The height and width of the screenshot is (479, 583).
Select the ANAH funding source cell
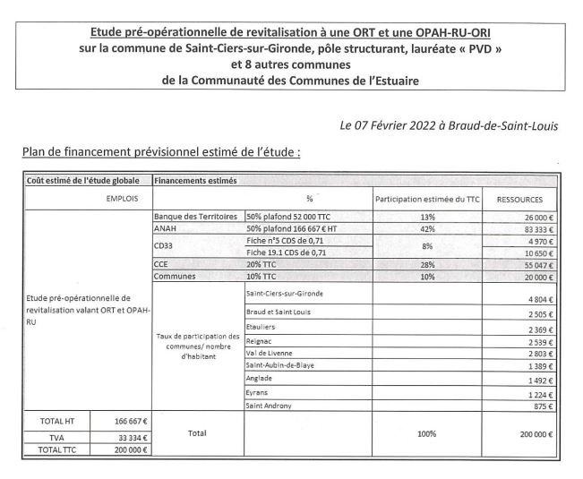(x=167, y=229)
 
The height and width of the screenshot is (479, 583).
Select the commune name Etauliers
(x=262, y=327)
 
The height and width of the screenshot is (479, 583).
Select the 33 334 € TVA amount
(x=131, y=438)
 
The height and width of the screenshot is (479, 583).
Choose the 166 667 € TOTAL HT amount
(x=131, y=421)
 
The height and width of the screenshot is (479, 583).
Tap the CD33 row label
(x=163, y=248)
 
